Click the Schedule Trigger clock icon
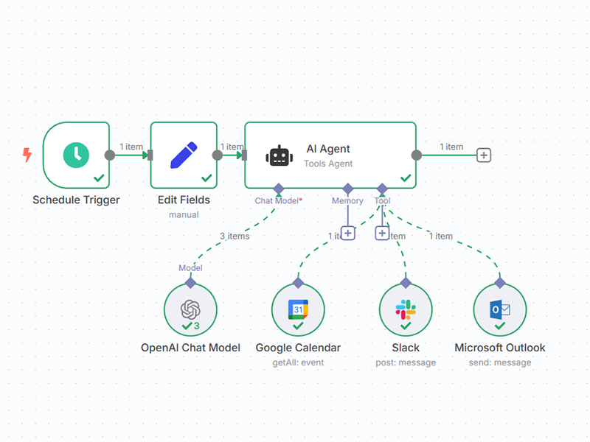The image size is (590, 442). point(75,154)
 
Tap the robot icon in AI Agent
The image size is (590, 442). point(280,155)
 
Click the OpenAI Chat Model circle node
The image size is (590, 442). point(190,309)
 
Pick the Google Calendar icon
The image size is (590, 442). point(297,309)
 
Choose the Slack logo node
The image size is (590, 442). point(405,309)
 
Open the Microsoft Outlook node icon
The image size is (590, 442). point(499,309)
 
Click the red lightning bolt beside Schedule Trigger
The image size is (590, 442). point(28,155)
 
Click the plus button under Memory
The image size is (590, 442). point(348,233)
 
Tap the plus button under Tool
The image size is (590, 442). point(382,233)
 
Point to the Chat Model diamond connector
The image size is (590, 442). point(278,189)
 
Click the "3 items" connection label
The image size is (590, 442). point(235,236)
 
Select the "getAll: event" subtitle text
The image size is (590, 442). point(297,362)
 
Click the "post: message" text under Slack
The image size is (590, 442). point(405,362)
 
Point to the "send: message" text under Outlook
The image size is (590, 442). point(499,362)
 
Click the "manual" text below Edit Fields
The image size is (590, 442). point(184,215)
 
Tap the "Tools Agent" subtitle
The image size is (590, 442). point(328,164)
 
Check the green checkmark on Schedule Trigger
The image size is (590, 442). point(98,178)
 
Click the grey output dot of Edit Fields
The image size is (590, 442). point(217,155)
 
